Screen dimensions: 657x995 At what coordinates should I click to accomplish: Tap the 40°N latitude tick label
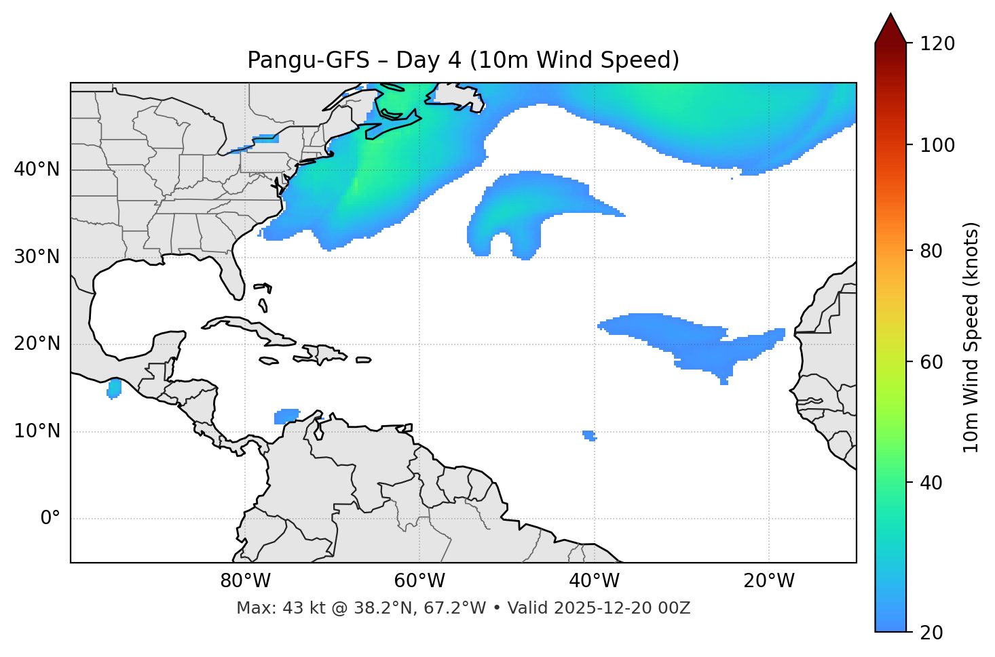[x=37, y=170]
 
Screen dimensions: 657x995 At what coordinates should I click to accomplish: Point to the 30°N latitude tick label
[x=37, y=257]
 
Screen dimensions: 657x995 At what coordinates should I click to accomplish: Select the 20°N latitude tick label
[x=37, y=344]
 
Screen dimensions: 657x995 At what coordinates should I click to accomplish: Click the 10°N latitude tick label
[x=37, y=431]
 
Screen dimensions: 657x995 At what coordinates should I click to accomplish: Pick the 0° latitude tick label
[x=50, y=518]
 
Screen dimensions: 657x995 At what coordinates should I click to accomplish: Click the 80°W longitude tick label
[x=245, y=581]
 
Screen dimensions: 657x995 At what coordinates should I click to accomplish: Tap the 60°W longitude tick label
[x=419, y=581]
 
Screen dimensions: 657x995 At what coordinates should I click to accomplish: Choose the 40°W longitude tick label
[x=594, y=581]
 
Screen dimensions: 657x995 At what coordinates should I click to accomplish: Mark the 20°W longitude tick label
[x=768, y=581]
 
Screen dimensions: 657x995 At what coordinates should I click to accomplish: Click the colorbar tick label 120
[x=937, y=43]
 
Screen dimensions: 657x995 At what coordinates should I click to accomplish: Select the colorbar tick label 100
[x=937, y=145]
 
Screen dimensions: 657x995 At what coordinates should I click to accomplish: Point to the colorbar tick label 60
[x=931, y=362]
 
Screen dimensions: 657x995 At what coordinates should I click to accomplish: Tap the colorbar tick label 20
[x=931, y=632]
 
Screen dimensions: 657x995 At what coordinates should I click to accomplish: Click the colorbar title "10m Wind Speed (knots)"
[x=971, y=337]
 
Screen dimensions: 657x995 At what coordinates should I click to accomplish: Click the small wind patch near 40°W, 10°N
[x=589, y=435]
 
